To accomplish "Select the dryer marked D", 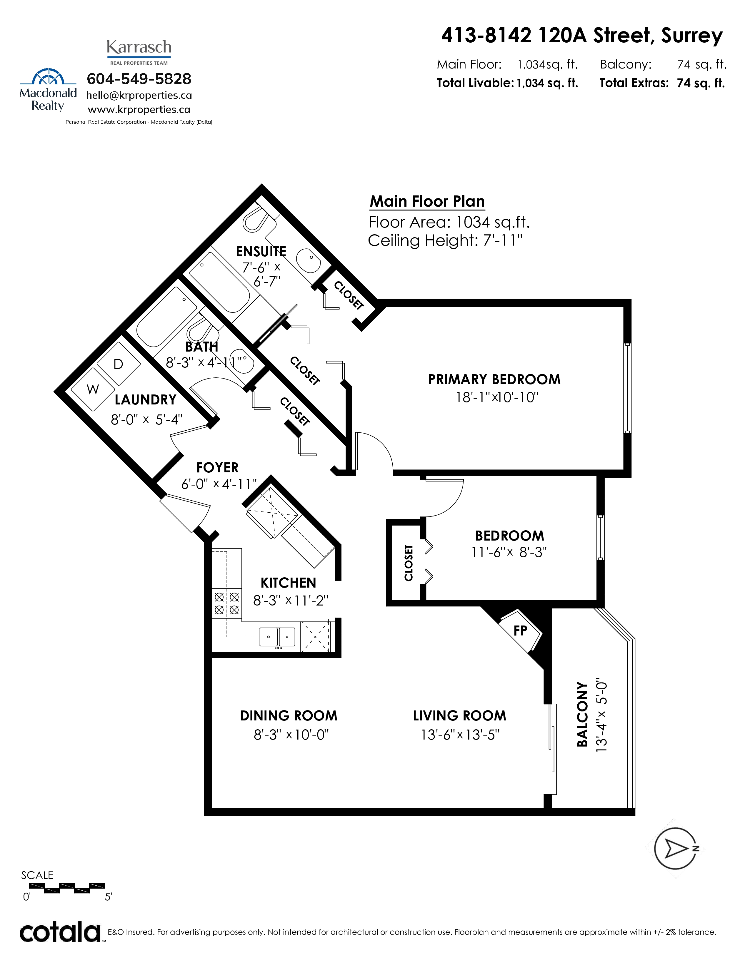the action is tap(119, 364).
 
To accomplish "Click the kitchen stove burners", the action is tap(226, 603).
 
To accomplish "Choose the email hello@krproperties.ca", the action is tap(139, 96).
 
